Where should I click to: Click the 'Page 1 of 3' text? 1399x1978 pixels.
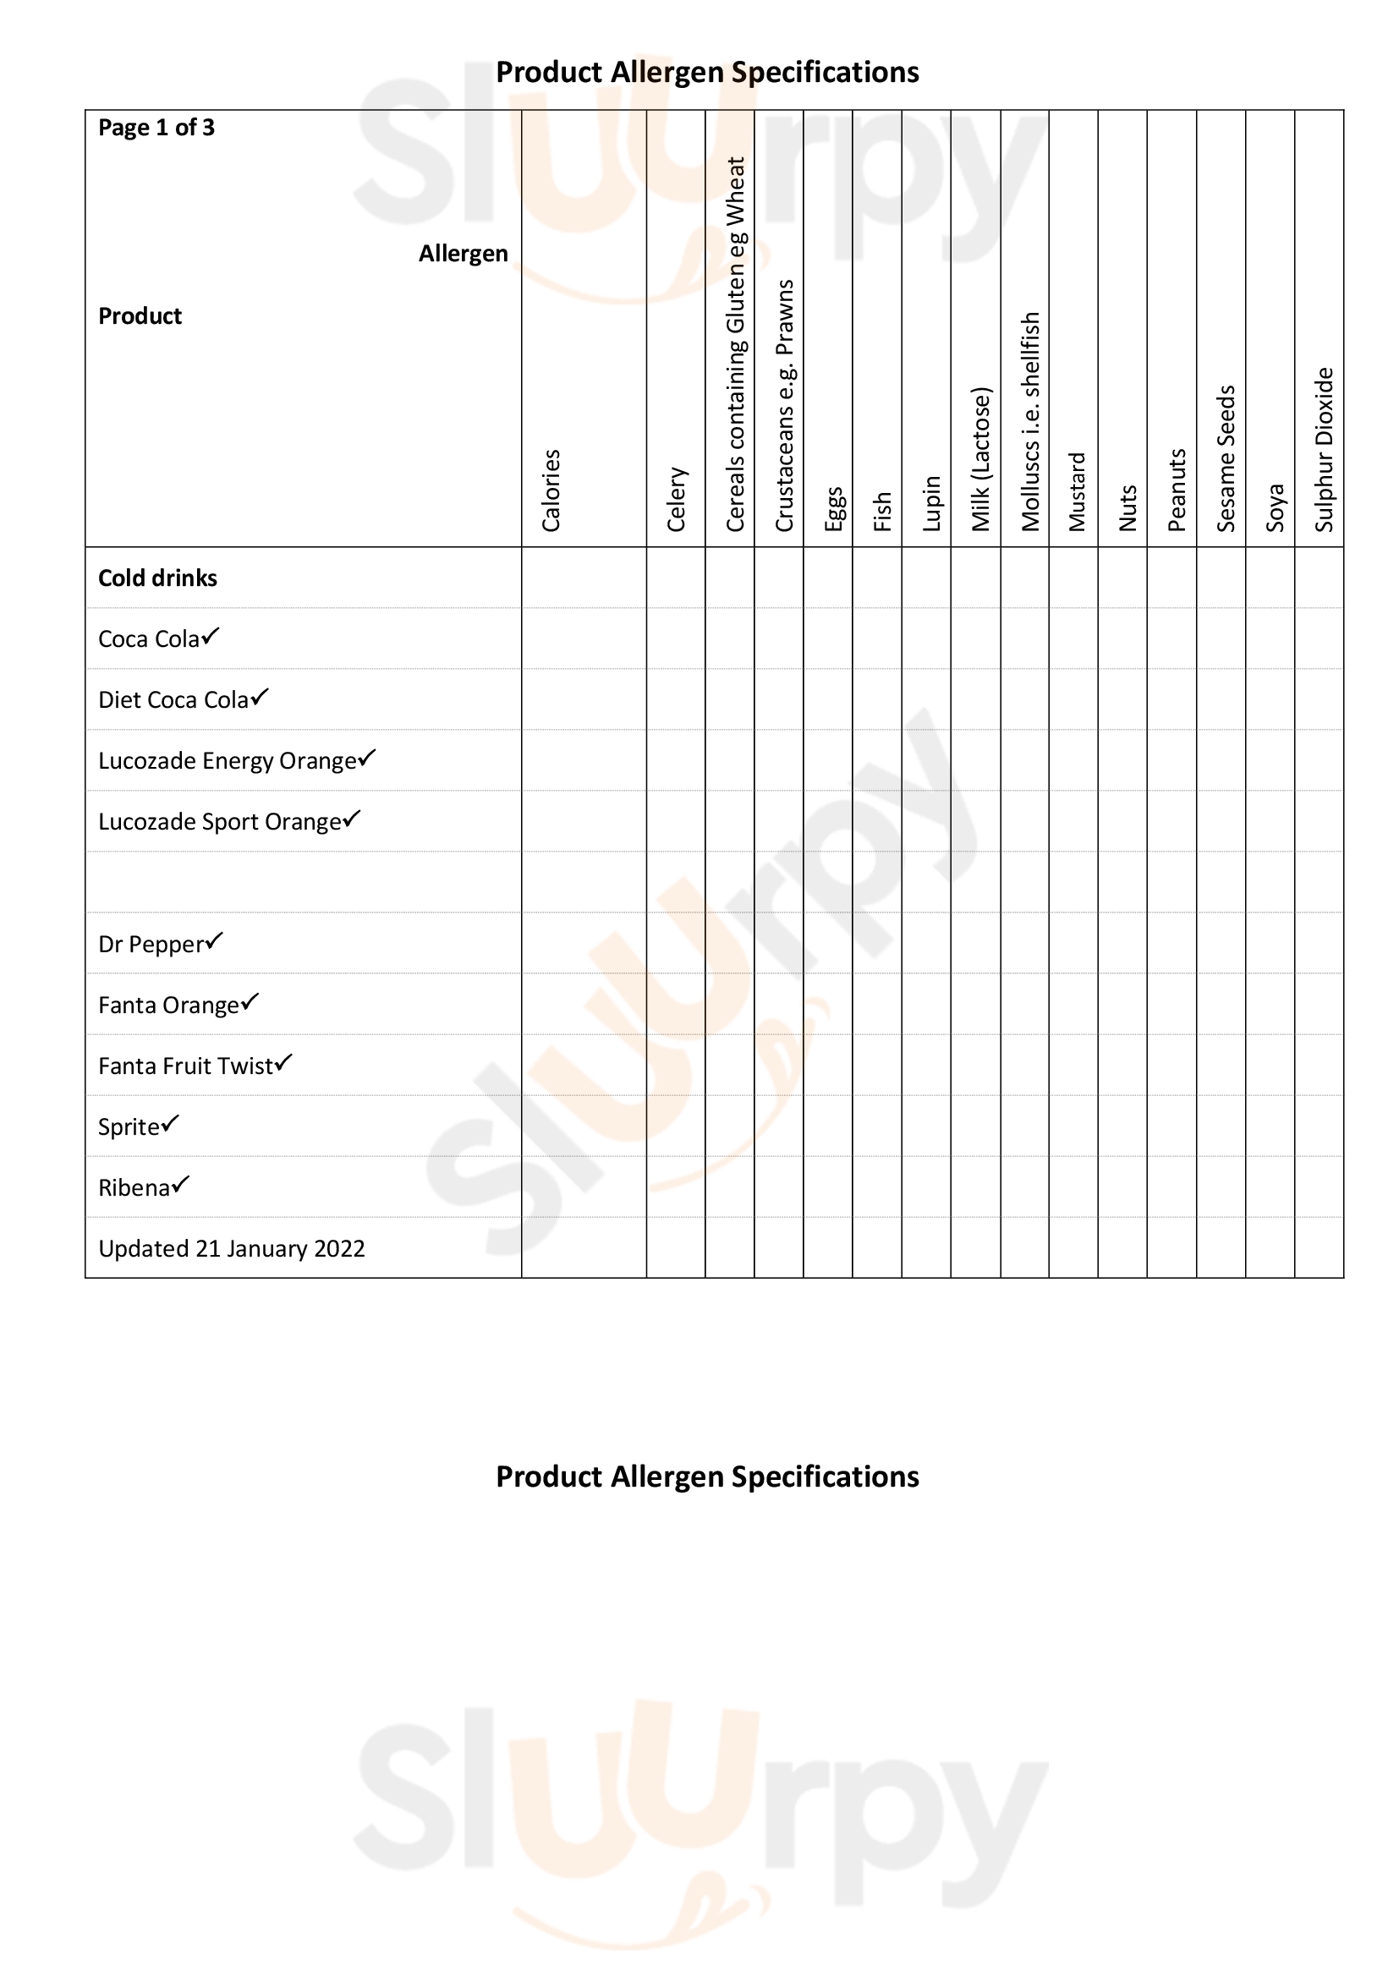point(156,128)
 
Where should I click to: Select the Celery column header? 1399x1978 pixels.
point(678,499)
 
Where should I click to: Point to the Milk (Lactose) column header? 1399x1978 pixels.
point(981,458)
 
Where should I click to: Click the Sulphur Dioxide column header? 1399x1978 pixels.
point(1324,449)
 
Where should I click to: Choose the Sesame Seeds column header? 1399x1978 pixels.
point(1226,458)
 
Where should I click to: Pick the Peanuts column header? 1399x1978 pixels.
point(1177,490)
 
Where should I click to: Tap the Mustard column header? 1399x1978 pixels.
point(1077,491)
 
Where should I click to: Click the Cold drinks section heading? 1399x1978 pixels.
point(157,578)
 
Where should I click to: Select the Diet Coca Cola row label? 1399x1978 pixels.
point(173,699)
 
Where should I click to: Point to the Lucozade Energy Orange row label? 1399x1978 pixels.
point(228,761)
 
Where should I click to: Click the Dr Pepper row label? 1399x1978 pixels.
point(151,945)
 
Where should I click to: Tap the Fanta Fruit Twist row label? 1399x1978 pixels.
point(185,1066)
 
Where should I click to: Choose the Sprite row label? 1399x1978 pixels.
point(129,1126)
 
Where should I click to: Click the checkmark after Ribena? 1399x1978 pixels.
point(180,1185)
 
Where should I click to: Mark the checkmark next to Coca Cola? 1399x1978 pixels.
point(211,636)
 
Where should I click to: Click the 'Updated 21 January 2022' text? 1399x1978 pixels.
point(232,1248)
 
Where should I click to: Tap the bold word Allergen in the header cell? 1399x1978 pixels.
point(464,254)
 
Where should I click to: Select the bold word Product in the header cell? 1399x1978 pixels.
point(140,316)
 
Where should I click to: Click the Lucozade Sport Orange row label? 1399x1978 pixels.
point(220,822)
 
